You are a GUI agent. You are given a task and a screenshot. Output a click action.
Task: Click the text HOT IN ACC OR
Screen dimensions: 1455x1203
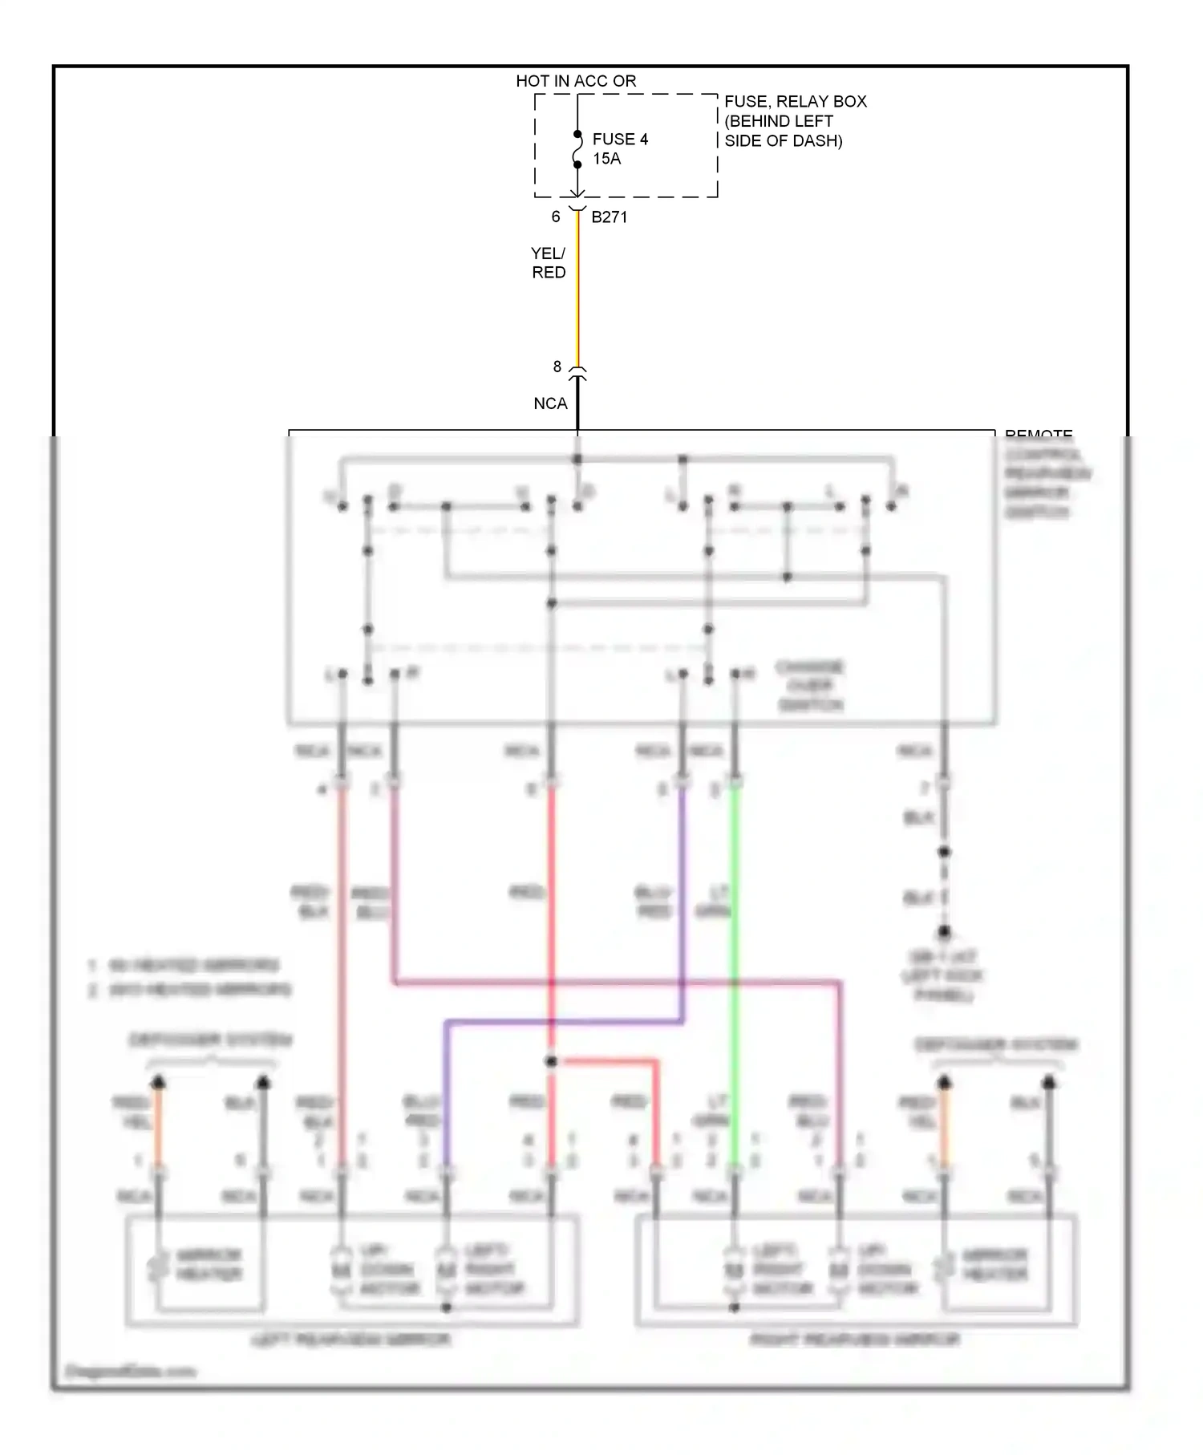[x=576, y=81]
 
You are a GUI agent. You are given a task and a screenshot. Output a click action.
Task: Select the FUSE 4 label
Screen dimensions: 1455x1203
[x=620, y=139]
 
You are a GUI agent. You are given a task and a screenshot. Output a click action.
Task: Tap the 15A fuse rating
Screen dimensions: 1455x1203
[x=606, y=159]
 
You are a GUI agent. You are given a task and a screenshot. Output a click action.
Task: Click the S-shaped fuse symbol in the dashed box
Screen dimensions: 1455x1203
[x=577, y=150]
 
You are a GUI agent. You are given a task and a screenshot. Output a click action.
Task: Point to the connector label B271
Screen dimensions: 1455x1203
[x=609, y=217]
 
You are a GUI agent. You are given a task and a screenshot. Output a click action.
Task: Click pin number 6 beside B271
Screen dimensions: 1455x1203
[x=555, y=217]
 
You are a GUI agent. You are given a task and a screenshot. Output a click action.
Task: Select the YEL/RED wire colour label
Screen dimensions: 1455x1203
[x=549, y=263]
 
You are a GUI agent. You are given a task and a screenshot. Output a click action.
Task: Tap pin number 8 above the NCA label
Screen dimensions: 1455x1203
[x=557, y=367]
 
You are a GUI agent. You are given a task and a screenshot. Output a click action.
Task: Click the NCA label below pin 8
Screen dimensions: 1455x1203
[x=550, y=403]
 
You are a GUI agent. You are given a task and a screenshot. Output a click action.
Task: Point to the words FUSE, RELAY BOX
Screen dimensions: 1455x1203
[x=795, y=101]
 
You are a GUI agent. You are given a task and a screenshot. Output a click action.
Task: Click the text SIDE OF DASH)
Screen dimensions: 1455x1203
[x=783, y=140]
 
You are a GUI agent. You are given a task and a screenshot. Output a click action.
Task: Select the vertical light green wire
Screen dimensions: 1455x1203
[x=734, y=963]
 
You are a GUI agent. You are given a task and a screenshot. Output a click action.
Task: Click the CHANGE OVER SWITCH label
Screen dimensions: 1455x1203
[x=810, y=686]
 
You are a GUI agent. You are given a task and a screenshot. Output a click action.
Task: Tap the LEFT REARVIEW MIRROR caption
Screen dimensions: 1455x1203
[x=350, y=1339]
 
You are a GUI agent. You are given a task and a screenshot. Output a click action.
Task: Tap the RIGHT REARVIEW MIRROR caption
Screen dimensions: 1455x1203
[x=854, y=1339]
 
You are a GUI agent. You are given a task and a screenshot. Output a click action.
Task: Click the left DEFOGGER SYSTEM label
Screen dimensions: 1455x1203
[x=211, y=1040]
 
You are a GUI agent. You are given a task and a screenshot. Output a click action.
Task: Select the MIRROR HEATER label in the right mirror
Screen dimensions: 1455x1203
[x=994, y=1264]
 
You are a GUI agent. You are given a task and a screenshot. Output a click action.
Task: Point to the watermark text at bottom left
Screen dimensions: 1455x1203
[x=130, y=1371]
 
